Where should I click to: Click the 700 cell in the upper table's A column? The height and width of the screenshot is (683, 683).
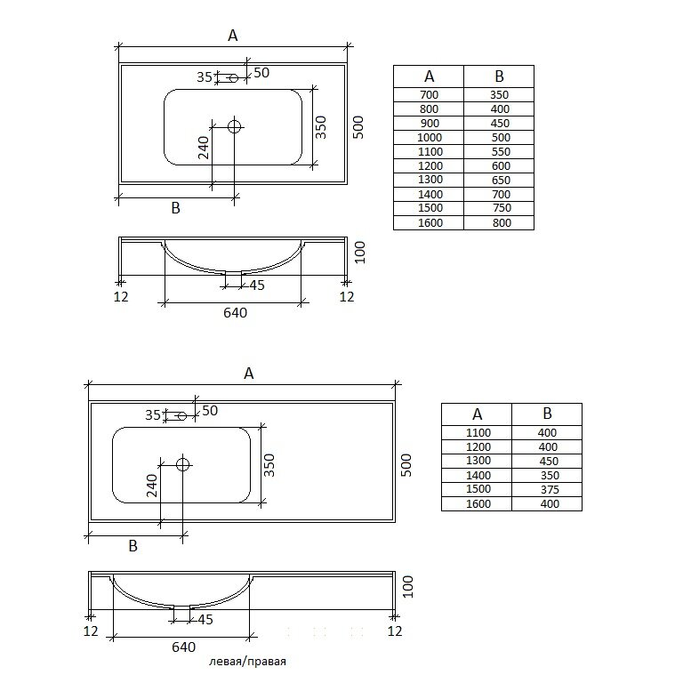click(x=429, y=95)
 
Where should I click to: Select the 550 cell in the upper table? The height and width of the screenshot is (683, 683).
click(x=499, y=151)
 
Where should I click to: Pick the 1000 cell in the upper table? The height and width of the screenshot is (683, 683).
click(x=429, y=138)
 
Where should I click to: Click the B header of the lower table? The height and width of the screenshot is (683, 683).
click(x=547, y=414)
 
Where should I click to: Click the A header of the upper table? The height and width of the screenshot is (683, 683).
click(x=429, y=76)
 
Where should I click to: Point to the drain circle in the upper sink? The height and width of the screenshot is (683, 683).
click(x=235, y=127)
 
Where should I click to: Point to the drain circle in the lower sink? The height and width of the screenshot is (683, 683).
click(x=183, y=464)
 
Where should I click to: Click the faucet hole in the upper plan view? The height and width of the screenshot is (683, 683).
click(x=234, y=78)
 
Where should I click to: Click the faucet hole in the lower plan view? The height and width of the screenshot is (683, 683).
click(x=182, y=416)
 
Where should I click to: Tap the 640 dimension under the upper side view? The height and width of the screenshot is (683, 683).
click(x=235, y=313)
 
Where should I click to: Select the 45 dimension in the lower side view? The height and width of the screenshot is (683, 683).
click(x=205, y=619)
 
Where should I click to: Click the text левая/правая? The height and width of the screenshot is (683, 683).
click(x=247, y=662)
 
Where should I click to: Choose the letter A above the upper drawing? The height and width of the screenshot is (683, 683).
click(x=233, y=36)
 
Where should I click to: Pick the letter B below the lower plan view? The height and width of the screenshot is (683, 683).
click(x=133, y=546)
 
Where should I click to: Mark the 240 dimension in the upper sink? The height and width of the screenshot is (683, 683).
click(x=204, y=148)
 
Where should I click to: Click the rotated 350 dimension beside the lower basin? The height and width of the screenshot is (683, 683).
click(x=269, y=465)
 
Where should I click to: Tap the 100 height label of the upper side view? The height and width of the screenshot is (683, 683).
click(x=360, y=253)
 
